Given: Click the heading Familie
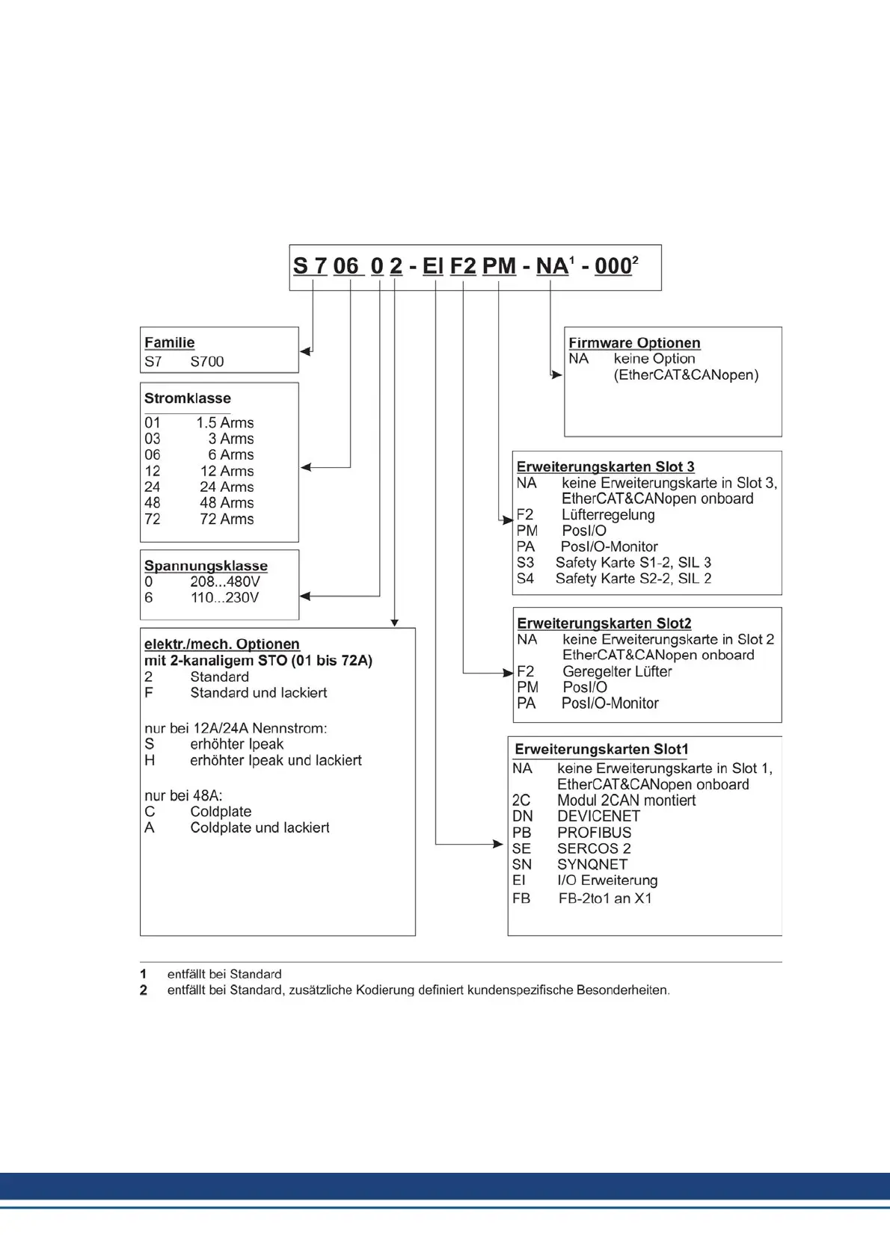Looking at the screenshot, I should [x=169, y=342].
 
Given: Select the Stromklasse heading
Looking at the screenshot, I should [x=187, y=398].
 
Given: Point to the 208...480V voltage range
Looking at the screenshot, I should [x=224, y=582].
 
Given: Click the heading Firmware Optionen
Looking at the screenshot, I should [x=634, y=343].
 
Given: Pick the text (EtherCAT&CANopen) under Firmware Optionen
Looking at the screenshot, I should [x=686, y=374].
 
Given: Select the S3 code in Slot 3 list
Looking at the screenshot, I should [x=525, y=562].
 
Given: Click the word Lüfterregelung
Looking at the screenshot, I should [x=608, y=514].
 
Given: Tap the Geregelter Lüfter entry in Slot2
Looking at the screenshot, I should [x=617, y=671].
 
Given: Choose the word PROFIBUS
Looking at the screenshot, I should [x=594, y=832].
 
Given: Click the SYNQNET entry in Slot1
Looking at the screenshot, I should [x=592, y=864].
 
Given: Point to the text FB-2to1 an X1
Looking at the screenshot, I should [x=605, y=898].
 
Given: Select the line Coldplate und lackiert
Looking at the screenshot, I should [x=260, y=827].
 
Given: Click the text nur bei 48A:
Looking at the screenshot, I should [x=183, y=795].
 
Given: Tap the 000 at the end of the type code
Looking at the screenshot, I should [x=613, y=266].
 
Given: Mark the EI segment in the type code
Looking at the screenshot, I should [x=432, y=266].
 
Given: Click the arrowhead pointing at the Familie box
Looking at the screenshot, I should [x=304, y=351].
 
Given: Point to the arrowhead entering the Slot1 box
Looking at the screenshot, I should [x=498, y=844].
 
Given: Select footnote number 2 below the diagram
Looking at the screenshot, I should [x=144, y=990].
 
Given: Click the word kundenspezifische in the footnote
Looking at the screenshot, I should [x=528, y=990].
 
